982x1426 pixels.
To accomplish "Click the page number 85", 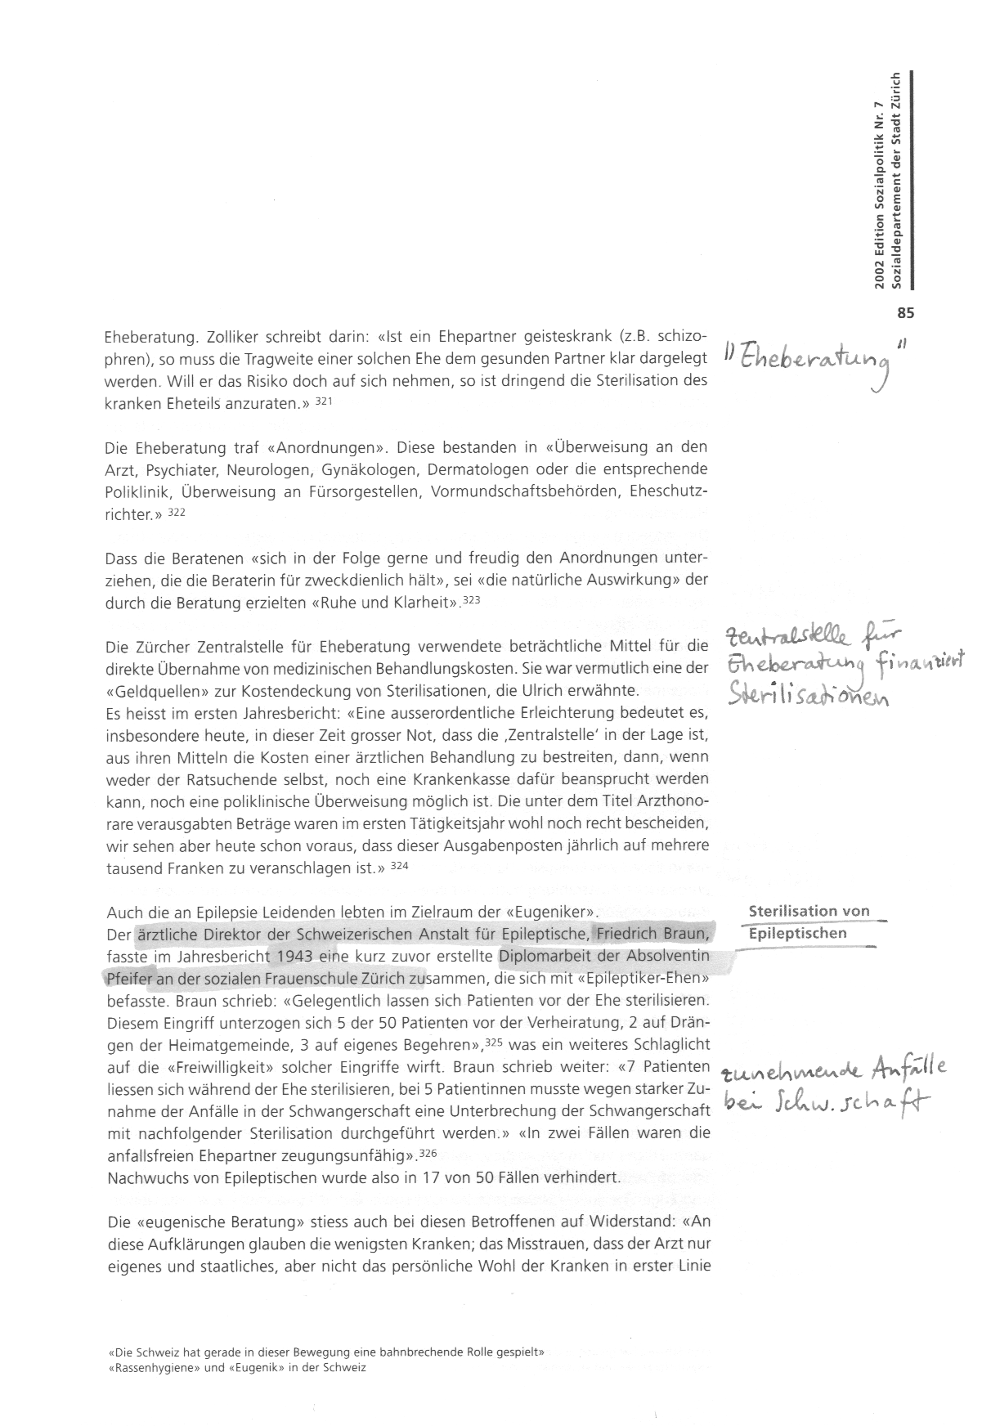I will [x=904, y=312].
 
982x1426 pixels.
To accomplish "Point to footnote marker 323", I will [x=473, y=601].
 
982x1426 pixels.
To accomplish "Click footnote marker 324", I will [x=400, y=865].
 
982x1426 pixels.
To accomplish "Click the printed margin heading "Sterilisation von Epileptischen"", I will [x=809, y=922].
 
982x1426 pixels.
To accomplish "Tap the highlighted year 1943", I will [x=295, y=955].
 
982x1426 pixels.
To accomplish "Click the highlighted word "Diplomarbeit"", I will [x=539, y=955].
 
